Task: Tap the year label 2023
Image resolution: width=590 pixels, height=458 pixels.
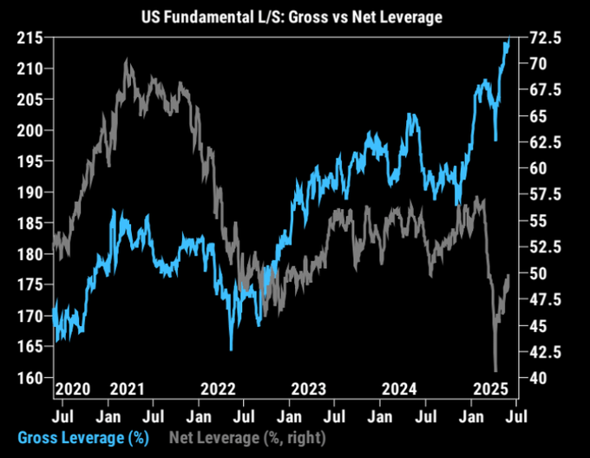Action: click(x=310, y=388)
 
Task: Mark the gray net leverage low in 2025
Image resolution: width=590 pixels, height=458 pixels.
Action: click(x=495, y=370)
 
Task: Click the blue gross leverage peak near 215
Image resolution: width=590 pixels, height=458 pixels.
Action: click(x=507, y=40)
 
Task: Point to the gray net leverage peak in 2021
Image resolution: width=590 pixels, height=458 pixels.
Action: click(x=128, y=60)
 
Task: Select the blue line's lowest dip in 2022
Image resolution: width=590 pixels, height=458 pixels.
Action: click(x=231, y=349)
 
